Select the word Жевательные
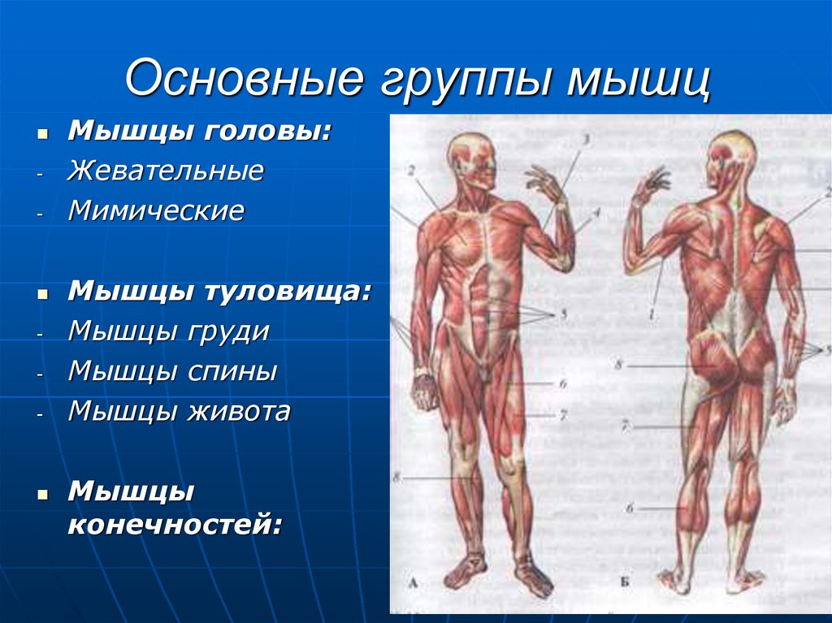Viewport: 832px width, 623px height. tap(166, 171)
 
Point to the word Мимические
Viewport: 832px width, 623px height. tap(156, 211)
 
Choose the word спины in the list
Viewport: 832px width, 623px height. tap(236, 371)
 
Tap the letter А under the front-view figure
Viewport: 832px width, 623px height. tap(414, 582)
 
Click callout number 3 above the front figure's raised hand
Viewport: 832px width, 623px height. tap(583, 140)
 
